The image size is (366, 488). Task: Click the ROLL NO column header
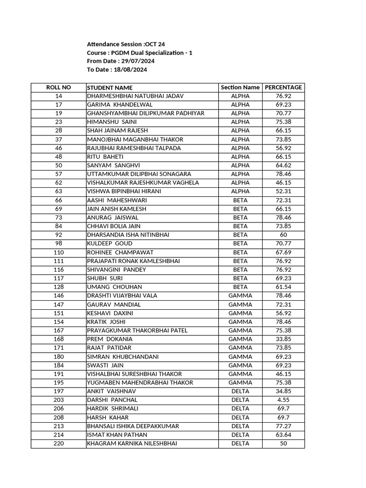point(58,87)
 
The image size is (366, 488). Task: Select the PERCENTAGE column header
point(283,87)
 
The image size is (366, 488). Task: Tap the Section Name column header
point(240,87)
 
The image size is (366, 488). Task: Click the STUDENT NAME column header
point(110,88)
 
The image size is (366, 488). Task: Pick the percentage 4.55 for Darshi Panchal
point(283,400)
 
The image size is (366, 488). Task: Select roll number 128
point(58,287)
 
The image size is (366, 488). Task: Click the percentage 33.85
point(283,339)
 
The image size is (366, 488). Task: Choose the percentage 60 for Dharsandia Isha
point(283,235)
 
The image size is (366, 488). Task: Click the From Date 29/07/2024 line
point(121,61)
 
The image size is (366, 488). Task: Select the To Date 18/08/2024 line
point(117,70)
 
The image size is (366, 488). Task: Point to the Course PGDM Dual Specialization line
point(140,53)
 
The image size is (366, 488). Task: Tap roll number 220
point(58,443)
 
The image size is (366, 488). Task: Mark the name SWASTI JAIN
point(102,365)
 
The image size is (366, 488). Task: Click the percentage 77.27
point(283,426)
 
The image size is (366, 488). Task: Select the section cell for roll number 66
point(240,200)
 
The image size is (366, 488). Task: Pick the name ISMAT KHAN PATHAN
point(117,435)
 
